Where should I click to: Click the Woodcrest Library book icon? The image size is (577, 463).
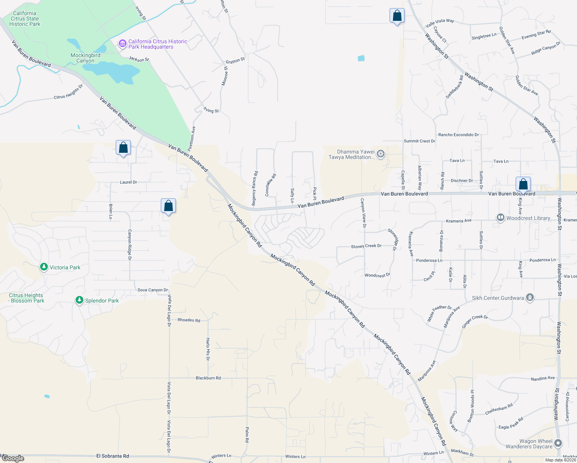(x=500, y=218)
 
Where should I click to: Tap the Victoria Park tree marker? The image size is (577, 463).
(x=44, y=267)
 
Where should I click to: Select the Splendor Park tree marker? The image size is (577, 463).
(x=79, y=300)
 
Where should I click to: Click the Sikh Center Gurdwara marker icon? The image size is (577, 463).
(x=530, y=298)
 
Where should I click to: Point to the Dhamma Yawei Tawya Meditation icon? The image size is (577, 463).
(x=381, y=154)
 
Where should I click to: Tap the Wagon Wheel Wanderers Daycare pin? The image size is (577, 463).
(x=558, y=444)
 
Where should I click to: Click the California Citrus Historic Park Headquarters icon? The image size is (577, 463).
(x=123, y=44)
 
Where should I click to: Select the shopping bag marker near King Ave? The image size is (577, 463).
(x=523, y=184)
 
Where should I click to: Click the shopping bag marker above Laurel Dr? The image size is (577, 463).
(x=123, y=148)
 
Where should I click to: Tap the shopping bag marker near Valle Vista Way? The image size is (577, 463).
(x=397, y=16)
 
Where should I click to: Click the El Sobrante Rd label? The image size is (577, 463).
(x=113, y=456)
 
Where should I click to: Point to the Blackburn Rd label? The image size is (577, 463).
(x=208, y=378)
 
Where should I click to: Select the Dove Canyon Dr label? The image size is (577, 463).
(x=153, y=290)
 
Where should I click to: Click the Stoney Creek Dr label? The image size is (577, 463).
(x=366, y=246)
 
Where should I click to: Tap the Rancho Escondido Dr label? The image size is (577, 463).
(x=459, y=135)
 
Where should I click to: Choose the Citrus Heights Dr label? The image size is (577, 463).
(x=68, y=92)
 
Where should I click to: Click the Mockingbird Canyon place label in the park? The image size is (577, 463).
(x=85, y=58)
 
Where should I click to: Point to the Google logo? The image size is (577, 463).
(x=13, y=458)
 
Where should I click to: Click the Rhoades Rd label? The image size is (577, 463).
(x=189, y=320)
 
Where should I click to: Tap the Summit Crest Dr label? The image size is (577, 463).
(x=419, y=141)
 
